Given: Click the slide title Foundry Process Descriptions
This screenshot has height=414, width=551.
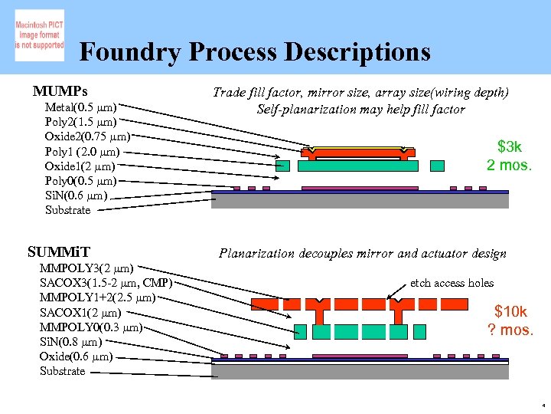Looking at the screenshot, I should pyautogui.click(x=254, y=52).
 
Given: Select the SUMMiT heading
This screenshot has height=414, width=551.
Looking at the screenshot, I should pyautogui.click(x=58, y=251).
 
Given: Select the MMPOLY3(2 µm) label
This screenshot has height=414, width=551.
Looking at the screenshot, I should pyautogui.click(x=87, y=268).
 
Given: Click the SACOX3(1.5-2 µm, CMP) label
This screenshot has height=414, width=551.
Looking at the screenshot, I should pyautogui.click(x=106, y=283).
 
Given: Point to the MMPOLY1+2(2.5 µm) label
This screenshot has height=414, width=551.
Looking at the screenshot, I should pyautogui.click(x=98, y=297).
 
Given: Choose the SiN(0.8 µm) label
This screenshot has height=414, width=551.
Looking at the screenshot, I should pyautogui.click(x=70, y=341).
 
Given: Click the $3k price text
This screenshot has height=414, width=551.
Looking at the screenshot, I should pyautogui.click(x=509, y=146).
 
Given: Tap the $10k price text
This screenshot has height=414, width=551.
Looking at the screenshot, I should pyautogui.click(x=510, y=311).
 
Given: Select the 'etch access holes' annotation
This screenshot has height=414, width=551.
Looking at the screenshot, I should pyautogui.click(x=452, y=283).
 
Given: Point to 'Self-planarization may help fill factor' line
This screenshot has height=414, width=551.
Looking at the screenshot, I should pyautogui.click(x=360, y=109).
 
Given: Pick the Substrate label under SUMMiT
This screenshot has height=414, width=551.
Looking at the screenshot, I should pyautogui.click(x=62, y=371).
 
